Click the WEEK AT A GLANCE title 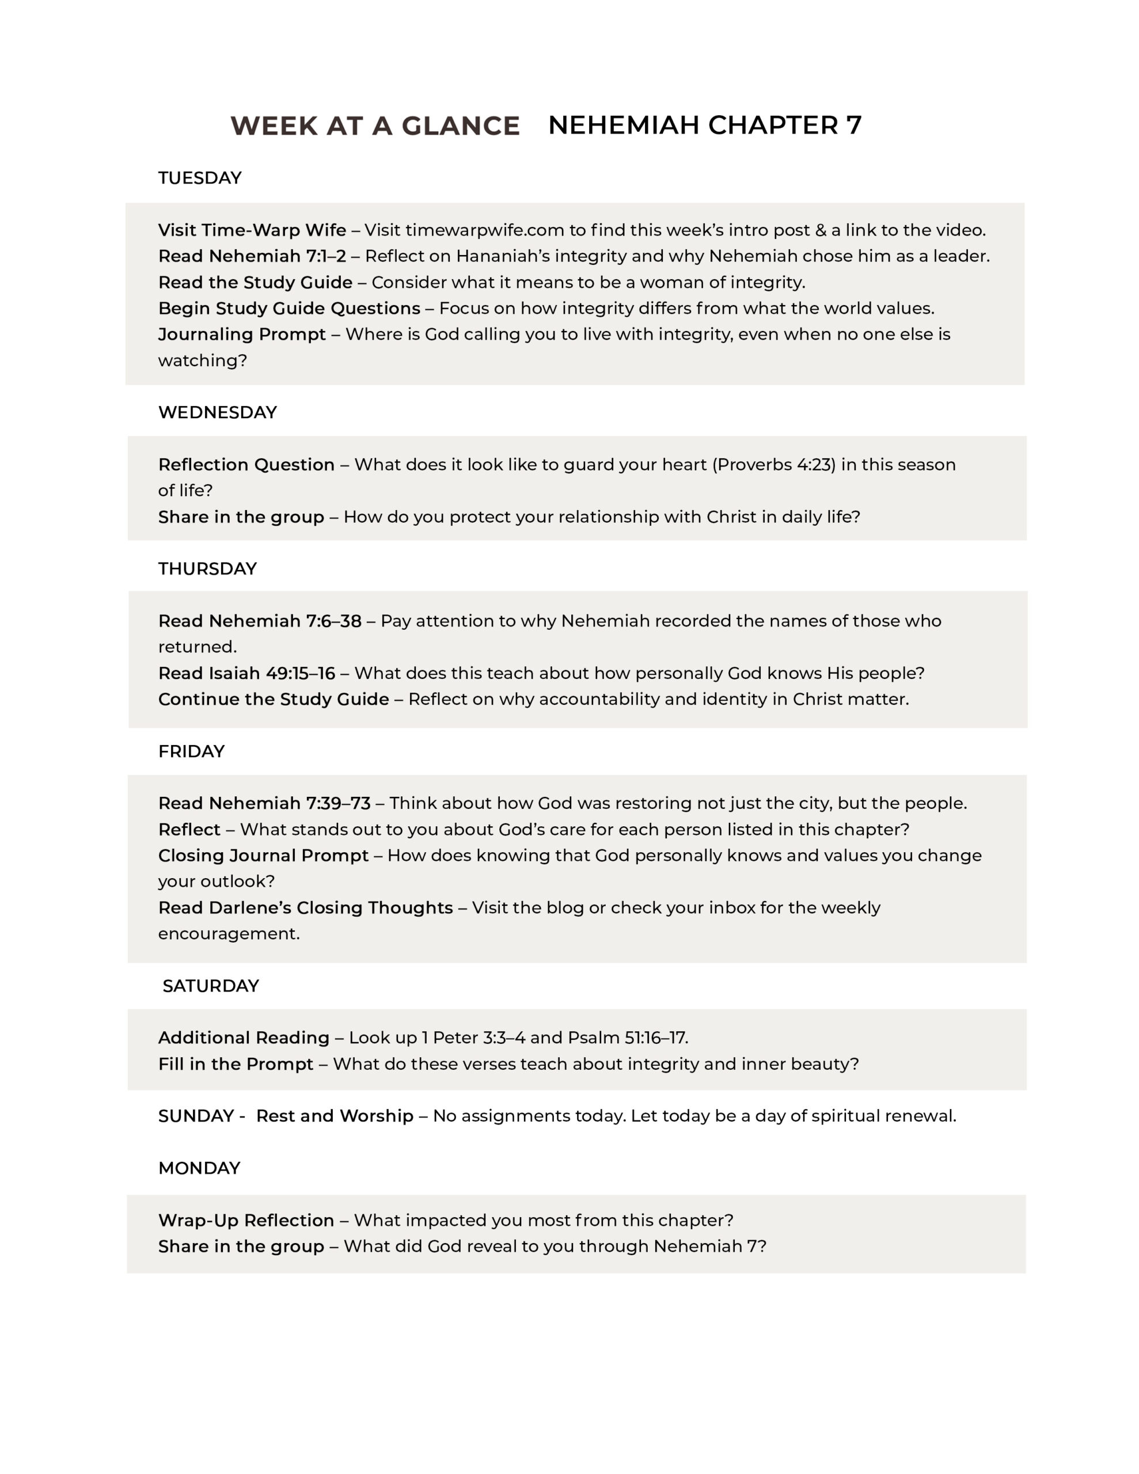[375, 126]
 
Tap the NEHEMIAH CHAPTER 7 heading [704, 126]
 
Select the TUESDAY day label [199, 178]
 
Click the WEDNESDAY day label [218, 412]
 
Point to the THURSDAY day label [207, 569]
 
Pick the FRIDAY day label [191, 752]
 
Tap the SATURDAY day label [211, 986]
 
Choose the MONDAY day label [199, 1168]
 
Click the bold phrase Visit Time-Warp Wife [252, 231]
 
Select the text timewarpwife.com [484, 231]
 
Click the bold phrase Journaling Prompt [242, 335]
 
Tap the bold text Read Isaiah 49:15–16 [246, 674]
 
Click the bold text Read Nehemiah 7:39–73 [264, 804]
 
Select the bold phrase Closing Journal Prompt [263, 856]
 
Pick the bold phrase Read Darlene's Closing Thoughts [305, 908]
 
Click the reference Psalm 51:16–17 [627, 1038]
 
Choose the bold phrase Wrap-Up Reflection [246, 1221]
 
